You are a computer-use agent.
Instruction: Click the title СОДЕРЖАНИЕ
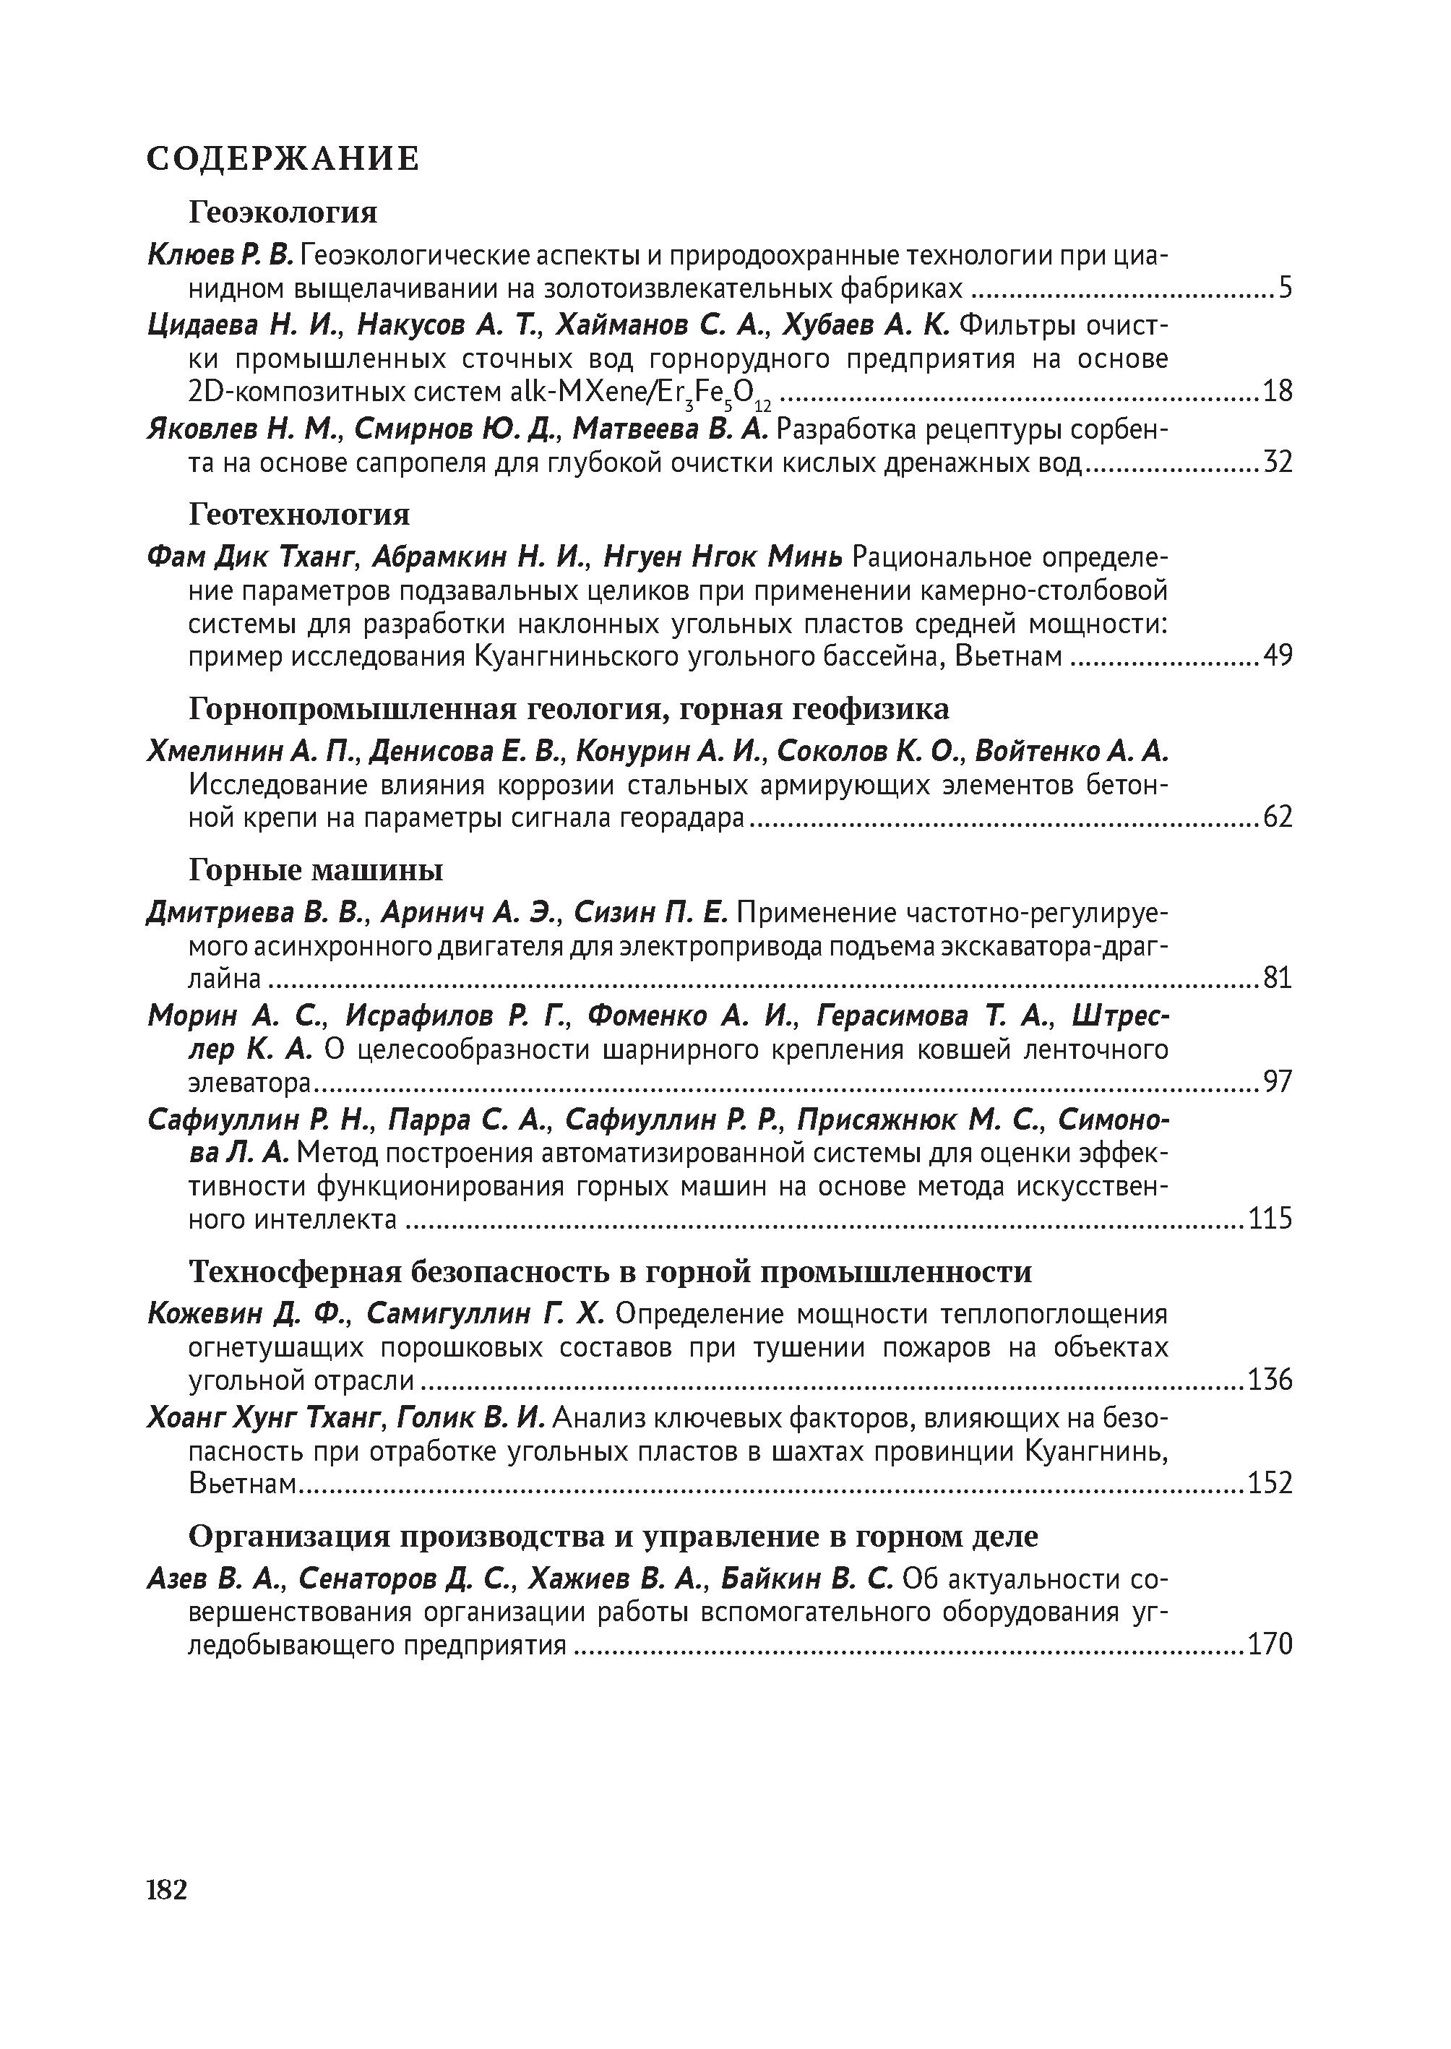(x=283, y=159)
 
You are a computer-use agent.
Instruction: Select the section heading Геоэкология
(x=283, y=212)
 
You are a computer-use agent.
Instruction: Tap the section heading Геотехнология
(x=299, y=514)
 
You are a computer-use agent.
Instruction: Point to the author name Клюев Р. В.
(x=220, y=256)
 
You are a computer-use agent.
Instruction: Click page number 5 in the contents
(x=1285, y=288)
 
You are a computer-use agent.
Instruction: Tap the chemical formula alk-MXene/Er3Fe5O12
(x=641, y=393)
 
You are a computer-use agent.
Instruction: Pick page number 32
(x=1277, y=462)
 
